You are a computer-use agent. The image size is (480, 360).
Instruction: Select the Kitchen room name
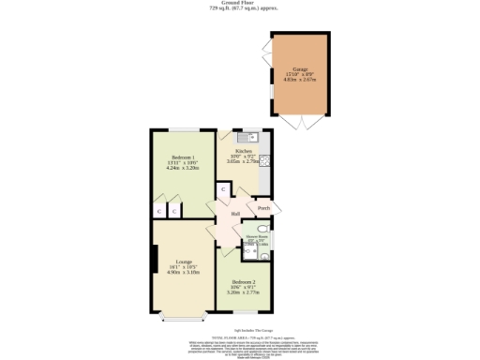pyautogui.click(x=243, y=150)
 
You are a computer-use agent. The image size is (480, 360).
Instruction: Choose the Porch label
pyautogui.click(x=264, y=208)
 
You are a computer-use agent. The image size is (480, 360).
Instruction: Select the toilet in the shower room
pyautogui.click(x=265, y=228)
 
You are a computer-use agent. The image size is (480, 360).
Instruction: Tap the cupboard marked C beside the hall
pyautogui.click(x=223, y=190)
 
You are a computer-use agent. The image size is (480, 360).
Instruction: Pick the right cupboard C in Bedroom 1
pyautogui.click(x=173, y=212)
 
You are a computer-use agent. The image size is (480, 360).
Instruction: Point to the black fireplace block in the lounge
pyautogui.click(x=153, y=261)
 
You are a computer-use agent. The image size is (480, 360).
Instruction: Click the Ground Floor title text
pyautogui.click(x=239, y=4)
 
